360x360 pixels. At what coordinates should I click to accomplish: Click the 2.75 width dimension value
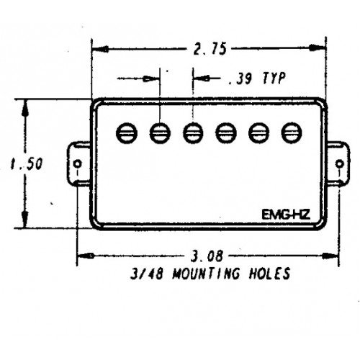pyautogui.click(x=210, y=49)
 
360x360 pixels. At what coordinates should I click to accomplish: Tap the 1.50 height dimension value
pyautogui.click(x=27, y=163)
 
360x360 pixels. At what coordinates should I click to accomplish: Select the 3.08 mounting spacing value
pyautogui.click(x=207, y=256)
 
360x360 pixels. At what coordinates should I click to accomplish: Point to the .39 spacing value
pyautogui.click(x=240, y=78)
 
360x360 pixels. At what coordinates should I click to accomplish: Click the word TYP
pyautogui.click(x=274, y=78)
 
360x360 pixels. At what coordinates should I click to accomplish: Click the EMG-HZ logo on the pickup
pyautogui.click(x=286, y=215)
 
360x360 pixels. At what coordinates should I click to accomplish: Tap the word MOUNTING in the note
pyautogui.click(x=206, y=273)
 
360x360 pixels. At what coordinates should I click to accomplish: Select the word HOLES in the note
pyautogui.click(x=269, y=273)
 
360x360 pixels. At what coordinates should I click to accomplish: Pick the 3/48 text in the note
pyautogui.click(x=147, y=274)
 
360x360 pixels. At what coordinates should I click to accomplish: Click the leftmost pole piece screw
pyautogui.click(x=127, y=133)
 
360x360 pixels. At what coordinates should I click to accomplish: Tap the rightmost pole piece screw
pyautogui.click(x=292, y=132)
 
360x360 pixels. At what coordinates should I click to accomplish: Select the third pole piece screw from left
pyautogui.click(x=193, y=133)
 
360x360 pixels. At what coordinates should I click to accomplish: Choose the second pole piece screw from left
pyautogui.click(x=160, y=133)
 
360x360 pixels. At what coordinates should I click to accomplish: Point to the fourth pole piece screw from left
pyautogui.click(x=226, y=132)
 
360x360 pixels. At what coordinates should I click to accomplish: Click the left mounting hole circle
pyautogui.click(x=78, y=164)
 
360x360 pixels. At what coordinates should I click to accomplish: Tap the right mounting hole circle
pyautogui.click(x=339, y=164)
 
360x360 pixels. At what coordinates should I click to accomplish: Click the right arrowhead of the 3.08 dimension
pyautogui.click(x=330, y=256)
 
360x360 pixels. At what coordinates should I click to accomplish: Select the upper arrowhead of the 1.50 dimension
pyautogui.click(x=25, y=109)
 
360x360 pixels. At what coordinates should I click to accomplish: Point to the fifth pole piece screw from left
pyautogui.click(x=258, y=132)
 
